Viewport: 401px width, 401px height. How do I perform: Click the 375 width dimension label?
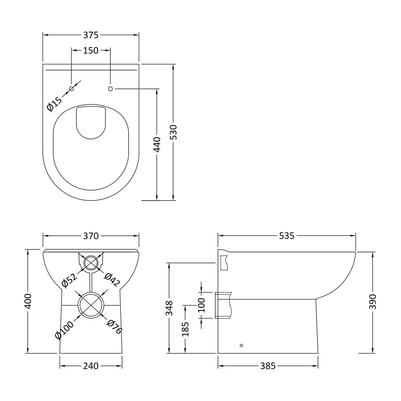point(91,35)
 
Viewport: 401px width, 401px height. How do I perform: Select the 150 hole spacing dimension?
point(91,50)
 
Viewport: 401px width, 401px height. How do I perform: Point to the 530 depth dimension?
point(173,132)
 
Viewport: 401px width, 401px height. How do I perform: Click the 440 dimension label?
point(157,145)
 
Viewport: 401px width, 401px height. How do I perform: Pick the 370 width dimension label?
point(91,236)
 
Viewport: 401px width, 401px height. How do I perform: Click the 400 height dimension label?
point(27,301)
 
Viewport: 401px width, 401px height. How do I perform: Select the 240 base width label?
point(91,366)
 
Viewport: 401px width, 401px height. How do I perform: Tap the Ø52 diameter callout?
point(70,280)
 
